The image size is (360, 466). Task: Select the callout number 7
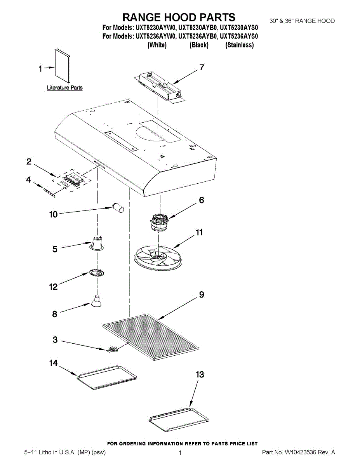202,67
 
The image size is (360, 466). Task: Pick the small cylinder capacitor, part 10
118,207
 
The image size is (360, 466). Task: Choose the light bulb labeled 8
96,302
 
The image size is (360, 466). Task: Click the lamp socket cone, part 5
97,243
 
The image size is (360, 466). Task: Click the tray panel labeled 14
107,377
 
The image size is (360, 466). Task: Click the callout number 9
202,295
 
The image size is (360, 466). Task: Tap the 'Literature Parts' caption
65,88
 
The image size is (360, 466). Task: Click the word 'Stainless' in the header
240,45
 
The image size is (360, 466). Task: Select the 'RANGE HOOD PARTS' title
179,17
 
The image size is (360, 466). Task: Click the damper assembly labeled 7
159,87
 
